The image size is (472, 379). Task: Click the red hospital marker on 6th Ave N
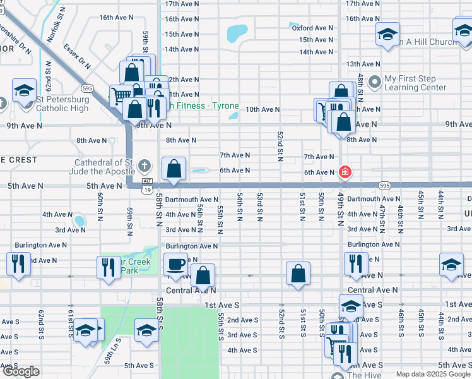click(345, 172)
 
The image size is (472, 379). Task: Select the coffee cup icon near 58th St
click(175, 265)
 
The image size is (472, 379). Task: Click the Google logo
click(21, 371)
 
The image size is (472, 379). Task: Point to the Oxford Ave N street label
click(312, 28)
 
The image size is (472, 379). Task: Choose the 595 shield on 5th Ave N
click(384, 185)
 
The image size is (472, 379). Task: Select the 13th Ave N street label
click(363, 64)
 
